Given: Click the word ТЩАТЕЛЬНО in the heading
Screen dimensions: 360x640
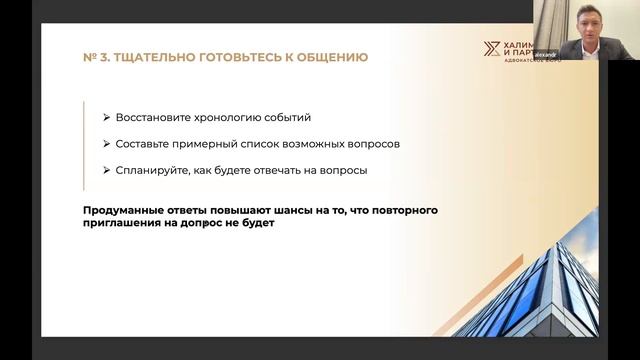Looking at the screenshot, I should (155, 57).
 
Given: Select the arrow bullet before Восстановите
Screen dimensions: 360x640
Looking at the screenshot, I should (106, 117).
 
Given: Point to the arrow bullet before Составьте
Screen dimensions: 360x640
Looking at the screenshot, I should (106, 143).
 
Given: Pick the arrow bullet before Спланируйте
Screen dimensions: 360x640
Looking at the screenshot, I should (106, 170).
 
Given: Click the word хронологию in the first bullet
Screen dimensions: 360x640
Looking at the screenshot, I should (224, 117).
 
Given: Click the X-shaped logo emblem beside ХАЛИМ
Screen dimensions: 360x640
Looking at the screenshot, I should (489, 51).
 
